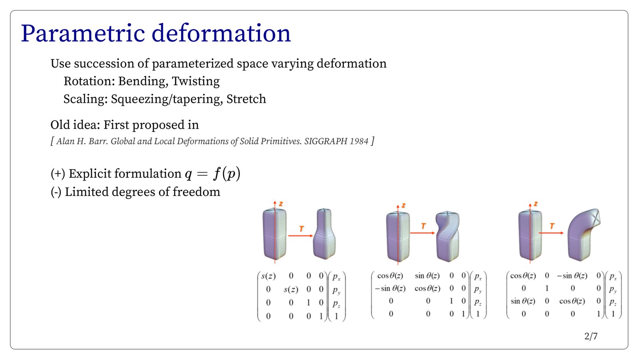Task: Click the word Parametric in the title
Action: (x=83, y=34)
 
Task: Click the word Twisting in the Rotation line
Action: (x=196, y=81)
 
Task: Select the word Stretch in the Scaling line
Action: (x=246, y=99)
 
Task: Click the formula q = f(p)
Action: (x=212, y=174)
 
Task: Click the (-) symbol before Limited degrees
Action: (x=56, y=192)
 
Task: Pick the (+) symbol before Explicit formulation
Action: (x=58, y=174)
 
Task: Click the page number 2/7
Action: (x=591, y=336)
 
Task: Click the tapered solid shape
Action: (x=324, y=234)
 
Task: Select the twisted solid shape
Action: (x=448, y=236)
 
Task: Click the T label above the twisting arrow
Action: (x=423, y=226)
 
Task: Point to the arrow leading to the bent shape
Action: (x=551, y=233)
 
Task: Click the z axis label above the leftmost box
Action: (x=281, y=204)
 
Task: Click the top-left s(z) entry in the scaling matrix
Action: (x=268, y=276)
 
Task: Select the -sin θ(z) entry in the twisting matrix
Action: (x=390, y=289)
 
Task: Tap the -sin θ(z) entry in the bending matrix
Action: (x=572, y=276)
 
